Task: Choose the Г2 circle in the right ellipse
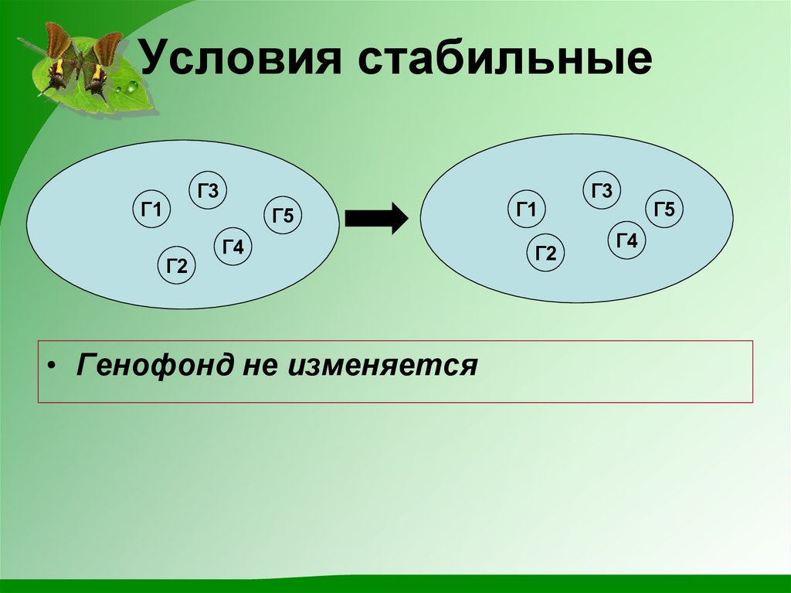(x=546, y=254)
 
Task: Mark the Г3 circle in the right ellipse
(x=602, y=191)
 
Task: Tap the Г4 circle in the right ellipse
(x=626, y=240)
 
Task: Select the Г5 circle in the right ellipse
(x=664, y=210)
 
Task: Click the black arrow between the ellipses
(x=375, y=218)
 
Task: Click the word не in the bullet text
(x=260, y=363)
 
